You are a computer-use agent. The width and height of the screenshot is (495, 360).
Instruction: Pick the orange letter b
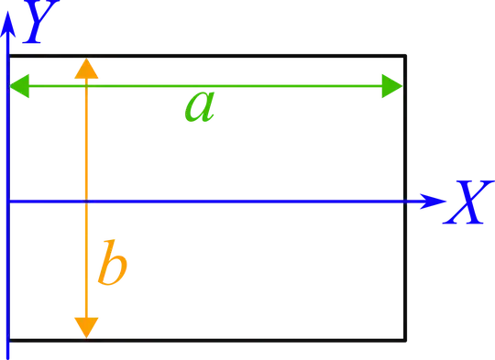[x=112, y=263]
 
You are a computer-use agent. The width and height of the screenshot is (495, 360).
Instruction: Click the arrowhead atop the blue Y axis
[x=8, y=27]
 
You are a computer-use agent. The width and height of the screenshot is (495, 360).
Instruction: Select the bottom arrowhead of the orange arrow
[x=85, y=325]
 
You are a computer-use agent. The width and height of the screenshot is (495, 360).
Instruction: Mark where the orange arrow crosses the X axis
[x=85, y=201]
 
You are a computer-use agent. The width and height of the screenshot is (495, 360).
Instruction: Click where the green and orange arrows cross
[x=85, y=86]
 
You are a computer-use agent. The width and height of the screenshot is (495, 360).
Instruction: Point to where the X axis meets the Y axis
[x=8, y=201]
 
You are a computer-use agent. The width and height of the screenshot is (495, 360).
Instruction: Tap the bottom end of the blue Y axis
[x=8, y=353]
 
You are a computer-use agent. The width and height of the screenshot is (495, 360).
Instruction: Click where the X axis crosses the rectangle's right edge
[x=402, y=201]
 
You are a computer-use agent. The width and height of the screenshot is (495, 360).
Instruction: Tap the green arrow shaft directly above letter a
[x=201, y=86]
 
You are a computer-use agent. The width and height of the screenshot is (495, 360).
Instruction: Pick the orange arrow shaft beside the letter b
[x=85, y=263]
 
